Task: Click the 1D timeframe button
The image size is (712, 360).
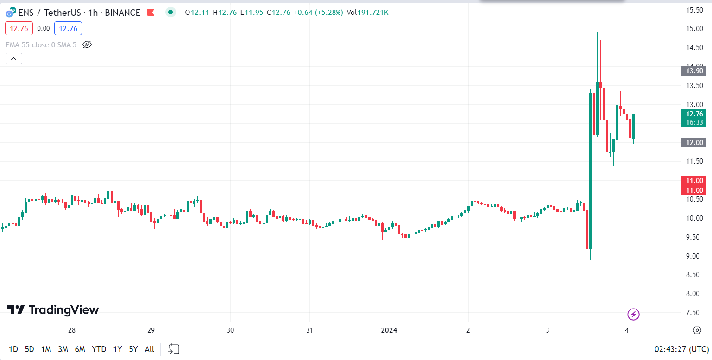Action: [13, 349]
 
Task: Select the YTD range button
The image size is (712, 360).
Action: [99, 349]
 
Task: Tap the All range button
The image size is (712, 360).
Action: [149, 349]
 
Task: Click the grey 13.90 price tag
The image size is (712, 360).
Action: [693, 71]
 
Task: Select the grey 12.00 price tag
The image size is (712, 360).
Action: [693, 143]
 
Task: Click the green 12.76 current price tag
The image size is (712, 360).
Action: [693, 114]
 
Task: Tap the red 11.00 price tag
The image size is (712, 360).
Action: [693, 181]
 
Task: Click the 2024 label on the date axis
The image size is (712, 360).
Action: [389, 330]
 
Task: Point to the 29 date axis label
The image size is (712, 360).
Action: [151, 330]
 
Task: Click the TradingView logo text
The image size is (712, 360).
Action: [63, 310]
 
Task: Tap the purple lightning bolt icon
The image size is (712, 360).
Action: [633, 315]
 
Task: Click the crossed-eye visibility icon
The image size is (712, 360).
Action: [87, 44]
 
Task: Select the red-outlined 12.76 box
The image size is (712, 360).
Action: [19, 29]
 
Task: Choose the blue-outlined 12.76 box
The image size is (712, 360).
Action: [68, 29]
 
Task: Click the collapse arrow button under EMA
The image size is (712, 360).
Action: [14, 58]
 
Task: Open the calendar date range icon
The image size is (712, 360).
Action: [174, 349]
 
